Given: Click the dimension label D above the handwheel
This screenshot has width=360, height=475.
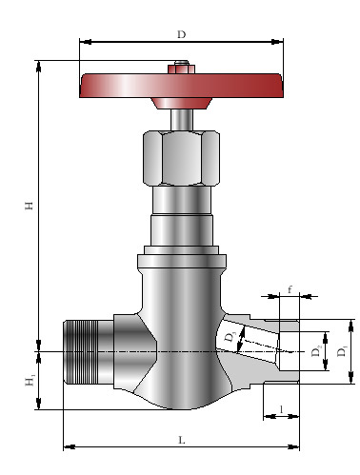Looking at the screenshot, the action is click(181, 34).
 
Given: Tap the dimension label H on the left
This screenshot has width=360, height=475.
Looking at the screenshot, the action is click(30, 206).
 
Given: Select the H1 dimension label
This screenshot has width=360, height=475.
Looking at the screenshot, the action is click(30, 381).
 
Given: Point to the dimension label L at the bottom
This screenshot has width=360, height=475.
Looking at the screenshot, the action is click(182, 440).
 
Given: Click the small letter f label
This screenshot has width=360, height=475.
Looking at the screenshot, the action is click(290, 289).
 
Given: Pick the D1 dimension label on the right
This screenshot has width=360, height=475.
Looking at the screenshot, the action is click(343, 351).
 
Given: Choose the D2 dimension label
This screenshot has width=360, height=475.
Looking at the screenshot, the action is click(316, 351).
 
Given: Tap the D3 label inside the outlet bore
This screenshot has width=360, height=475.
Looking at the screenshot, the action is click(230, 337).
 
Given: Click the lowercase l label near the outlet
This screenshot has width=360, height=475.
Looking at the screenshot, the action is click(281, 409).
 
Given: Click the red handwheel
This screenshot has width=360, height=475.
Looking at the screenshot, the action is click(181, 86).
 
